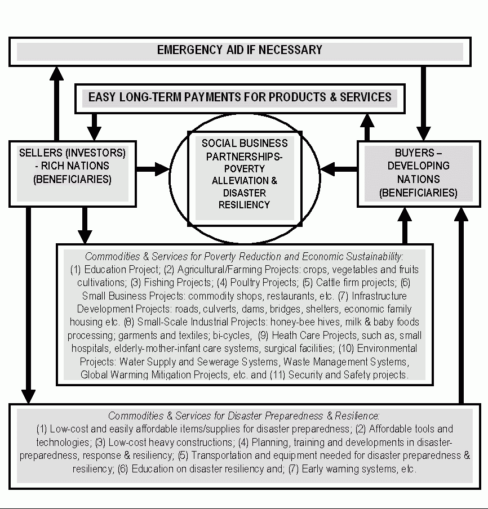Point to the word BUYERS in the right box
pos(411,153)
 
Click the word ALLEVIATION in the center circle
pos(245,180)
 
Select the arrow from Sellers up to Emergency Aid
pos(56,101)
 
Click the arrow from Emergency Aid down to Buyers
pos(424,101)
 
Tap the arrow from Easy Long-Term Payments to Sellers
pos(94,124)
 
